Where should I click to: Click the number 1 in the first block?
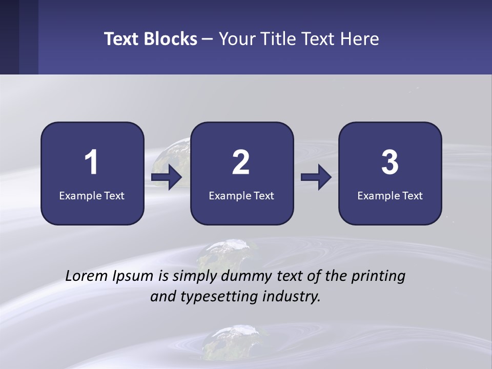tap(92, 162)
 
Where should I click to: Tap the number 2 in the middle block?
tap(241, 162)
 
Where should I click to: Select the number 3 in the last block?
tap(390, 162)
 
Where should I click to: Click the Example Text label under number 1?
tap(92, 195)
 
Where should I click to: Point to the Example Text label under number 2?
tap(241, 195)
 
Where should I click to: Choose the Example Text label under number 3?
tap(390, 195)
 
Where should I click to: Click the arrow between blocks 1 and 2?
tap(167, 177)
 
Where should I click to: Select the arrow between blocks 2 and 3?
tap(316, 177)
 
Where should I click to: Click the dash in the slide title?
tap(208, 39)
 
